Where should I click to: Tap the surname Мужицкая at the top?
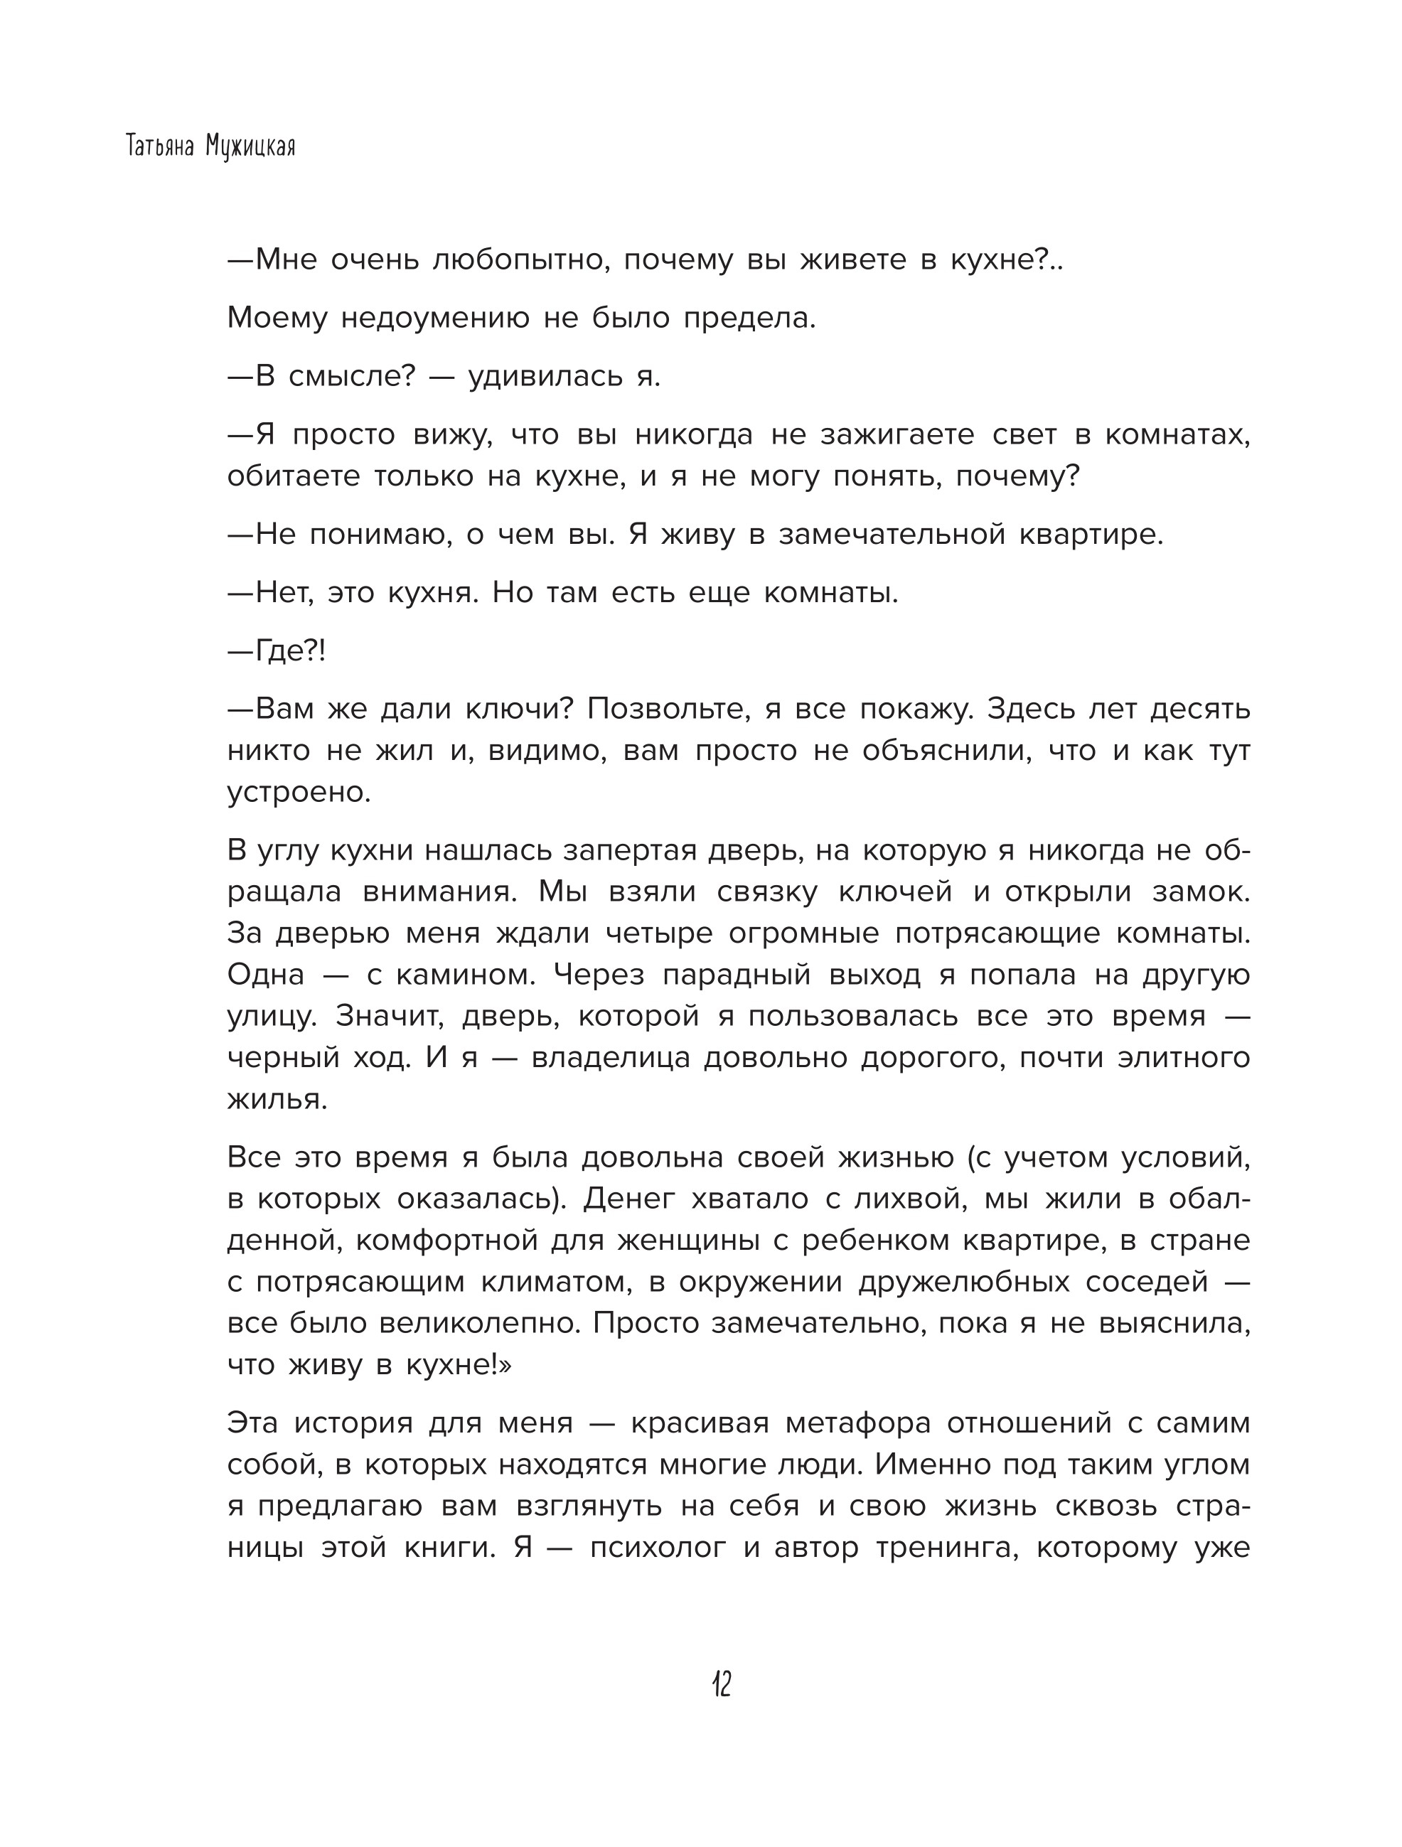click(x=249, y=148)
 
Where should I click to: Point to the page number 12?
click(x=722, y=1684)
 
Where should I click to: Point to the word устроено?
click(x=299, y=791)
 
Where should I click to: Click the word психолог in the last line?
click(x=658, y=1547)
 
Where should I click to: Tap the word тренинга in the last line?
click(x=947, y=1547)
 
